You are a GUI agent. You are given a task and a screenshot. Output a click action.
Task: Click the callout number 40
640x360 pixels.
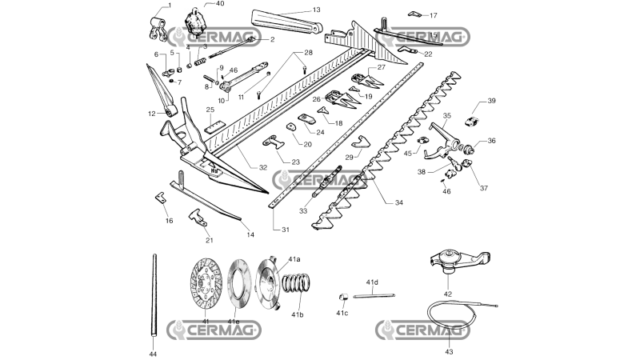220,4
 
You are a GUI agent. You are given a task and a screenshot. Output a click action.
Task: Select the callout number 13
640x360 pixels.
317,10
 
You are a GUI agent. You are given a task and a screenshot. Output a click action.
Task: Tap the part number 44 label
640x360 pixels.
153,354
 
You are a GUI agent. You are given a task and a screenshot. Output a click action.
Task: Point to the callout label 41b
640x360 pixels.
298,314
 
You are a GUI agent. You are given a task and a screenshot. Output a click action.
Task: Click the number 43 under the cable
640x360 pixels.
449,351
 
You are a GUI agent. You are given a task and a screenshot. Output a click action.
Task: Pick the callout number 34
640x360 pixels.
398,202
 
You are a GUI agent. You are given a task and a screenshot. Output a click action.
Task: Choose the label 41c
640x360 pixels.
342,313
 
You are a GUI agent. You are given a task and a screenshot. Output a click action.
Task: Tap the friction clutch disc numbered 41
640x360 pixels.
206,283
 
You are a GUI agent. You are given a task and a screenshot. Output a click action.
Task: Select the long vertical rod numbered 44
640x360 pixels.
154,295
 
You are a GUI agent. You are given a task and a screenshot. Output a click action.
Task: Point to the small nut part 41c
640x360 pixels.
343,297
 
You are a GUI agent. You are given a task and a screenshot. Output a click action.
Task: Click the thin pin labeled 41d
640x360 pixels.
374,295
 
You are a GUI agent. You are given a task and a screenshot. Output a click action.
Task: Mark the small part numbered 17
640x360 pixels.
414,14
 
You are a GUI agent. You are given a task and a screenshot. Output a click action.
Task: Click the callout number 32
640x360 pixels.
263,167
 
